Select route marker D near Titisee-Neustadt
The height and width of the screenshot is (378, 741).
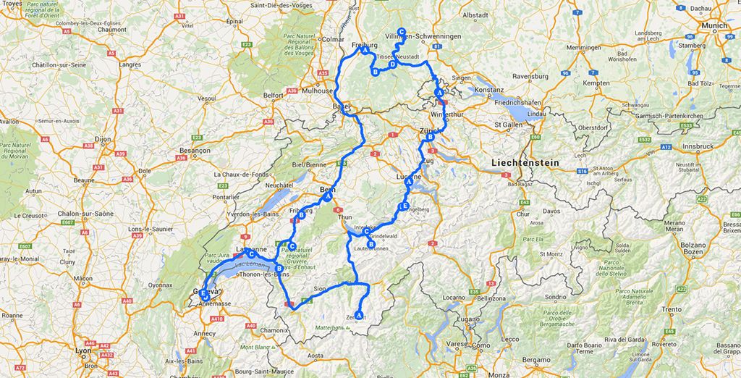point(393,64)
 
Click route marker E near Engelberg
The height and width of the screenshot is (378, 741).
point(405,207)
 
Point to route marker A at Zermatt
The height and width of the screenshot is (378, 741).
point(360,314)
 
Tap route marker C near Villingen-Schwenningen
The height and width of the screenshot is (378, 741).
point(402,22)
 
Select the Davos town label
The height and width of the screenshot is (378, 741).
point(552,211)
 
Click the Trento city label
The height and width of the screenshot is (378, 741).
point(672,309)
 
